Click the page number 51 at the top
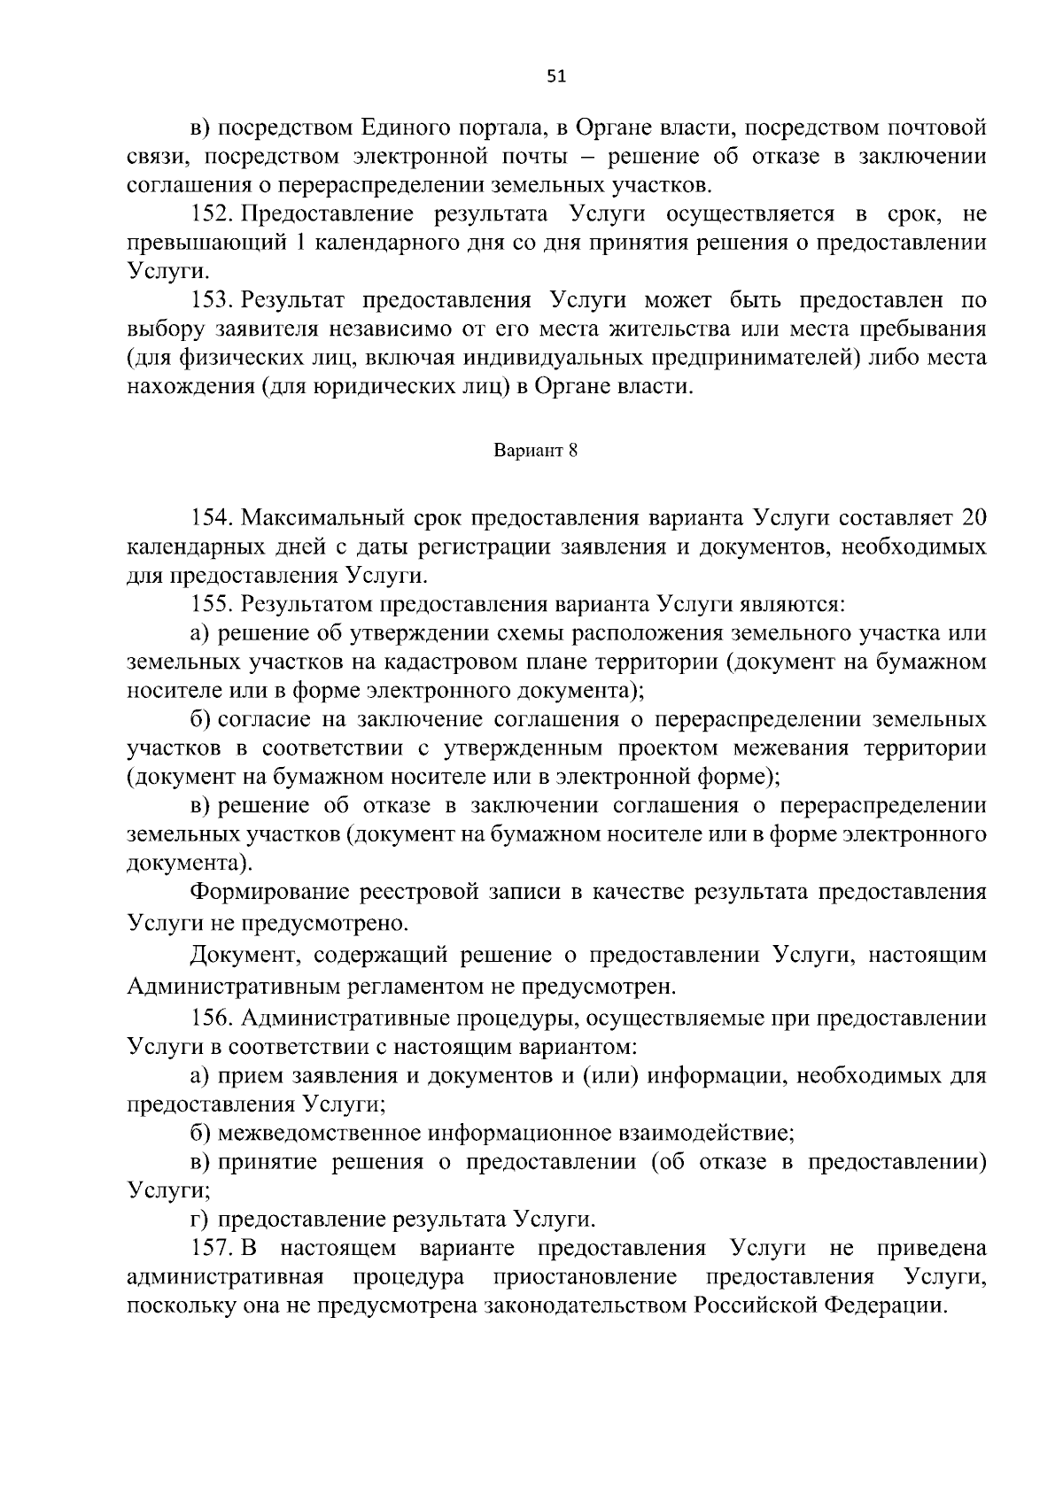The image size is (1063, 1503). pos(555,76)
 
